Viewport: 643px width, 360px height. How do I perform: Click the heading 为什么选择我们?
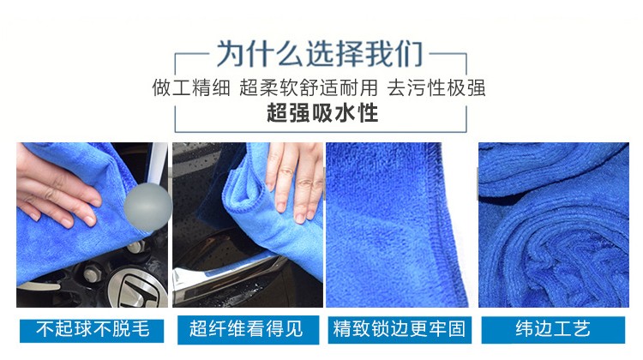320,54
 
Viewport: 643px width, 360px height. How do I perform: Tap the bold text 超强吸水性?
322,113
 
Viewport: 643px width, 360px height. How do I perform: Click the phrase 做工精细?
191,87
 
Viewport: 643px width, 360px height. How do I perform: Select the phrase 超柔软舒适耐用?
308,87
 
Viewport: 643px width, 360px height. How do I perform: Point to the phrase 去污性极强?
436,87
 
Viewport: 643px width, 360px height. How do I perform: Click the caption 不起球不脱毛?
93,329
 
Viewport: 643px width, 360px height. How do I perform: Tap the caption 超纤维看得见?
246,329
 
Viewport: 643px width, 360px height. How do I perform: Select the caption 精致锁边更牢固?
399,329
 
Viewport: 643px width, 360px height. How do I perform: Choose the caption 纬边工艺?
553,329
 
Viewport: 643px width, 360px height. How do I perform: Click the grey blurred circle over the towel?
147,207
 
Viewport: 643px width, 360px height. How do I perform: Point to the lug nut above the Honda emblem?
92,273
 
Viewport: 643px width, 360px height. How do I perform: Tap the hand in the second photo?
294,179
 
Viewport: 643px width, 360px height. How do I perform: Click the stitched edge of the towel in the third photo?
445,225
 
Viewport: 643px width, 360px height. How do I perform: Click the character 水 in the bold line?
345,113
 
